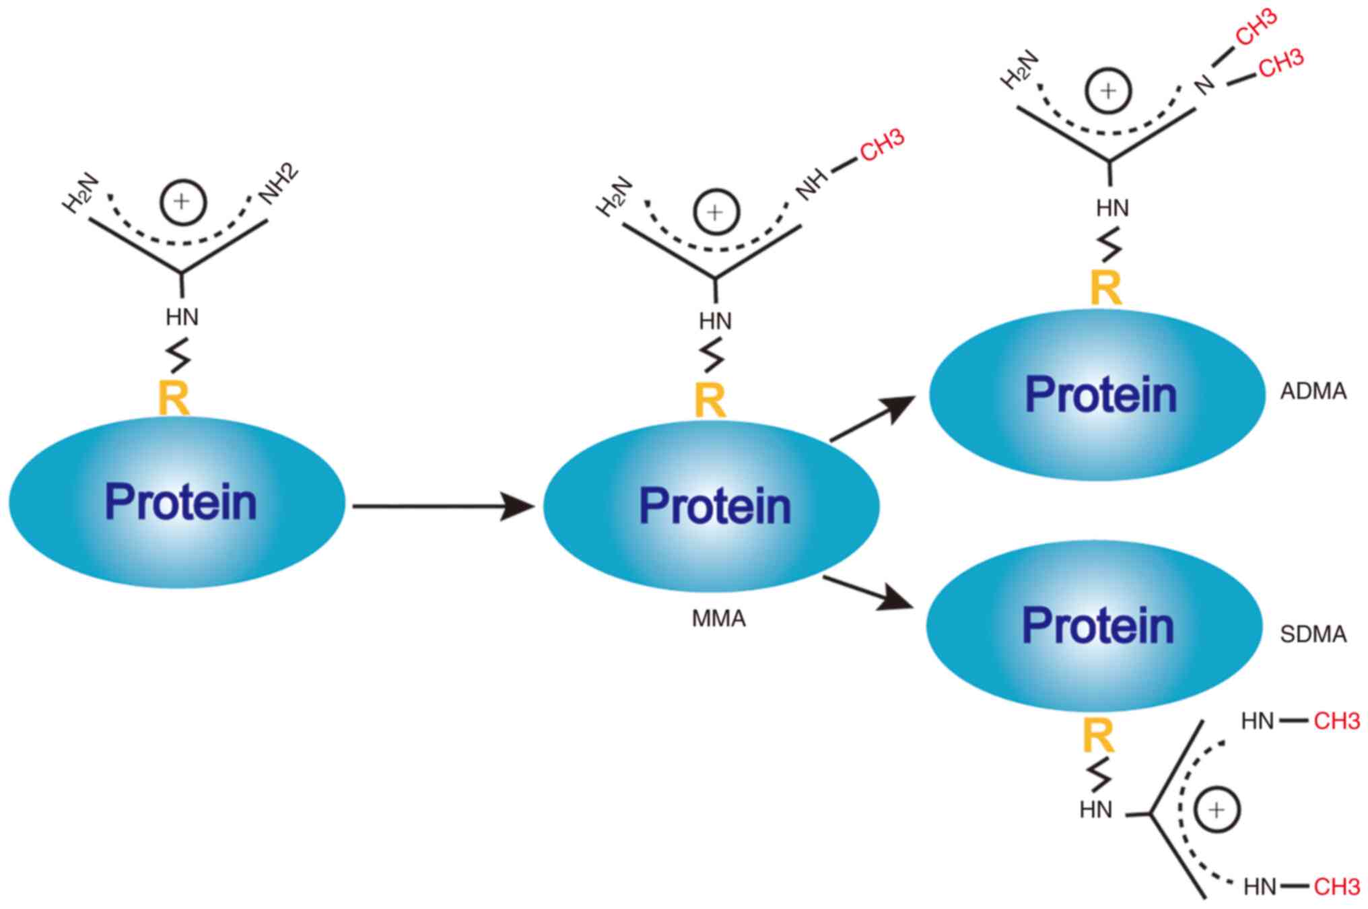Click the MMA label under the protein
click(x=718, y=618)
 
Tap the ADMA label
click(x=1313, y=391)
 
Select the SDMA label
click(x=1313, y=634)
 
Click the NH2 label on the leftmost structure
click(x=279, y=183)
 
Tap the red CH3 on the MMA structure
click(x=881, y=145)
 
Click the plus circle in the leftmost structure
click(x=182, y=202)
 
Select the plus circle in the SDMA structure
click(x=1217, y=809)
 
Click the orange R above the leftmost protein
click(x=174, y=398)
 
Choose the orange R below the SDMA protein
click(x=1098, y=736)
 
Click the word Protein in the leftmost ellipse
click(x=180, y=502)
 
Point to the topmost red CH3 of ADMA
click(x=1256, y=27)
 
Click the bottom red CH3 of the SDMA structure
click(x=1336, y=887)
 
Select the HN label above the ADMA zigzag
click(x=1112, y=209)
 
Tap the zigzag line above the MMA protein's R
click(x=713, y=356)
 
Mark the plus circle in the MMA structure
click(x=716, y=212)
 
